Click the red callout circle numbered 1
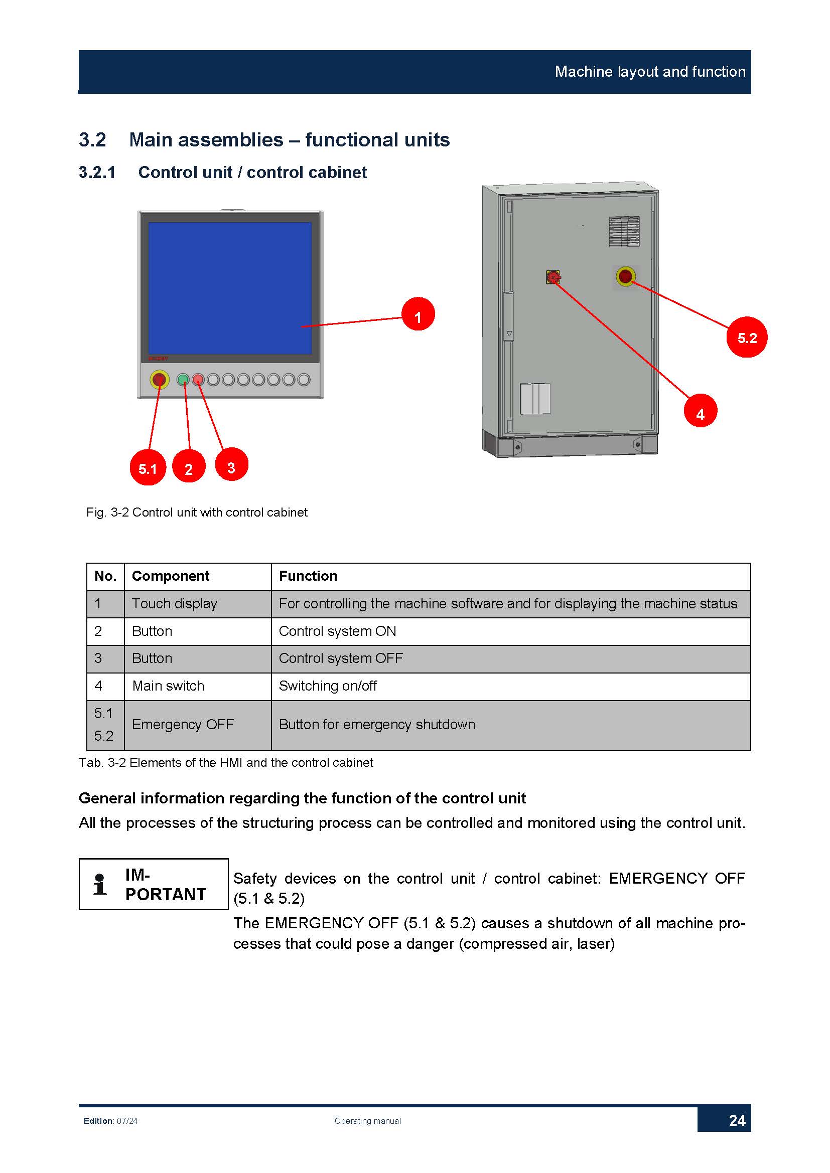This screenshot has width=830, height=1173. (x=418, y=313)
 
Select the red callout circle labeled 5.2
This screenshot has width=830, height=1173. (x=747, y=337)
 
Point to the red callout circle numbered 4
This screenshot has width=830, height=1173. (x=700, y=410)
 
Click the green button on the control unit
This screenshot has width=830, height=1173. (x=183, y=380)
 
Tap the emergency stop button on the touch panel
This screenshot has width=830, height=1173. (x=160, y=380)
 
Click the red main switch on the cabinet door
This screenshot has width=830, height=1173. (x=553, y=277)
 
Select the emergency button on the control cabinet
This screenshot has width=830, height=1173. (x=626, y=276)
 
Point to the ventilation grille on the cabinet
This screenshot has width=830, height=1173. (x=624, y=232)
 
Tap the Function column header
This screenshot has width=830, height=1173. (x=308, y=576)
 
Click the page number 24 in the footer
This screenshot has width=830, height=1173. (x=737, y=1120)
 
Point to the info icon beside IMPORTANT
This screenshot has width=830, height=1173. (x=100, y=884)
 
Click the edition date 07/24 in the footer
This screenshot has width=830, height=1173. (x=127, y=1121)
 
